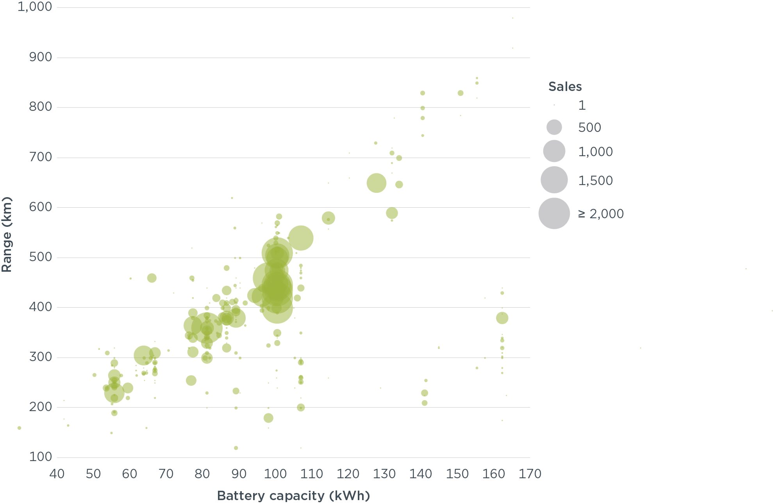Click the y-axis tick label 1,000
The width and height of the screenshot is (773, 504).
(x=35, y=7)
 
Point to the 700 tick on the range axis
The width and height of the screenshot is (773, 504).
(x=40, y=157)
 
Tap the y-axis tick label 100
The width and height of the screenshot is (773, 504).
(x=40, y=457)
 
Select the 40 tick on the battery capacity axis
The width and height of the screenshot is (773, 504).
(x=57, y=474)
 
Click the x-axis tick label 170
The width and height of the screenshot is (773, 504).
(x=530, y=474)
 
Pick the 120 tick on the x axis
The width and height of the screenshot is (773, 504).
(x=348, y=474)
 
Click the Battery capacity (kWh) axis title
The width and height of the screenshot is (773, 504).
(x=293, y=496)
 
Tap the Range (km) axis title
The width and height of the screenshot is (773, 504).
(x=7, y=235)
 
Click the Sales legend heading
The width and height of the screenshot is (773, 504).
(x=565, y=87)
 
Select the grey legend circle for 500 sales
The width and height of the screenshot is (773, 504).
(x=554, y=127)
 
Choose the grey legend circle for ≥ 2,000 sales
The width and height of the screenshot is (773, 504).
(x=554, y=213)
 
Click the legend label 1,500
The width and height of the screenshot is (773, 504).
(x=595, y=180)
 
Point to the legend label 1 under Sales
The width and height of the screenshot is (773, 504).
(x=582, y=105)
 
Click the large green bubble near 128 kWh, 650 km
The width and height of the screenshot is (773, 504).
(x=376, y=183)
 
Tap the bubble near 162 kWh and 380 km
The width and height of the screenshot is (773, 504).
(x=502, y=318)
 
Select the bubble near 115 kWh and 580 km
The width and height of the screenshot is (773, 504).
(x=328, y=218)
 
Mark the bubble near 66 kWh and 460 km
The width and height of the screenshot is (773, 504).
(x=152, y=278)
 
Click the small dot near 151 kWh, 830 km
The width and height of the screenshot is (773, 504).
(x=461, y=93)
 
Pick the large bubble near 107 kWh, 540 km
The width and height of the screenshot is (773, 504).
(x=300, y=238)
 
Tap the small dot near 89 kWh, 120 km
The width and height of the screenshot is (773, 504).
(x=236, y=448)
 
